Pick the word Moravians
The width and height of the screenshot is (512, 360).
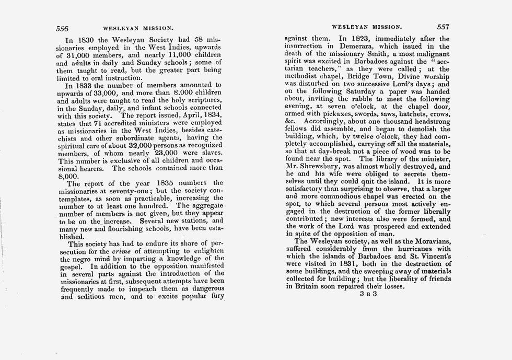coord(427,241)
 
